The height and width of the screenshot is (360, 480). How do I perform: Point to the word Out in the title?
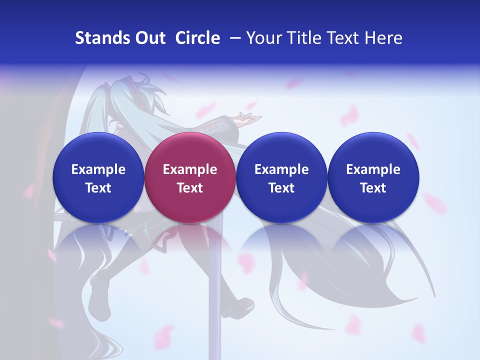click(149, 38)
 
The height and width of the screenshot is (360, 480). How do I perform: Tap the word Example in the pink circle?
click(190, 169)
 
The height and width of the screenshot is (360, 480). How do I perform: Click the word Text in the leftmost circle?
click(98, 188)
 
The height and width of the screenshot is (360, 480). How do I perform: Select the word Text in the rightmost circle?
click(373, 188)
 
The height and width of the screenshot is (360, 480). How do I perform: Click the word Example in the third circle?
click(281, 169)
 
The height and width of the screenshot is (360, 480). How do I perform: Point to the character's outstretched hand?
click(249, 118)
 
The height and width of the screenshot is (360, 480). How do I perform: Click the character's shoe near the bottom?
click(244, 304)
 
